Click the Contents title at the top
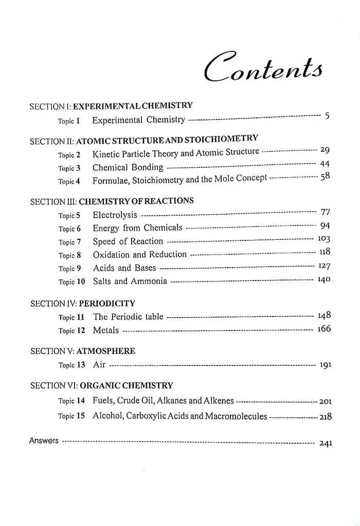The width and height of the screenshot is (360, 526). point(263,67)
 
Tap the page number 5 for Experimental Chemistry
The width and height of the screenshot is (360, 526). point(327,116)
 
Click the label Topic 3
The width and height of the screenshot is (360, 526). point(69,168)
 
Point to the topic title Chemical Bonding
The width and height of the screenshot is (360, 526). point(128,167)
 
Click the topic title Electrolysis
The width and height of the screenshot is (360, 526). point(115,215)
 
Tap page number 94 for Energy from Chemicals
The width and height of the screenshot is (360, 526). point(325,225)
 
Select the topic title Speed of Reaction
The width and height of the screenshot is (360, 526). point(128,241)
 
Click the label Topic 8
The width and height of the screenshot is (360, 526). point(70,255)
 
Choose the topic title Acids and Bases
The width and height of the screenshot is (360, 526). point(124,268)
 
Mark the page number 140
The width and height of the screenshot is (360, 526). point(323,279)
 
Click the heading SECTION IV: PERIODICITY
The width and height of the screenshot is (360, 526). point(83,304)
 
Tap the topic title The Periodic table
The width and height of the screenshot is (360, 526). point(128,317)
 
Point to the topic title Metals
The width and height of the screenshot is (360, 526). point(105,330)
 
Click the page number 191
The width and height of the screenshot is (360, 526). point(325,365)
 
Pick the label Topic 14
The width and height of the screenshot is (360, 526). point(71,401)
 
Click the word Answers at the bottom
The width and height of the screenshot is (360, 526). point(44,441)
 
